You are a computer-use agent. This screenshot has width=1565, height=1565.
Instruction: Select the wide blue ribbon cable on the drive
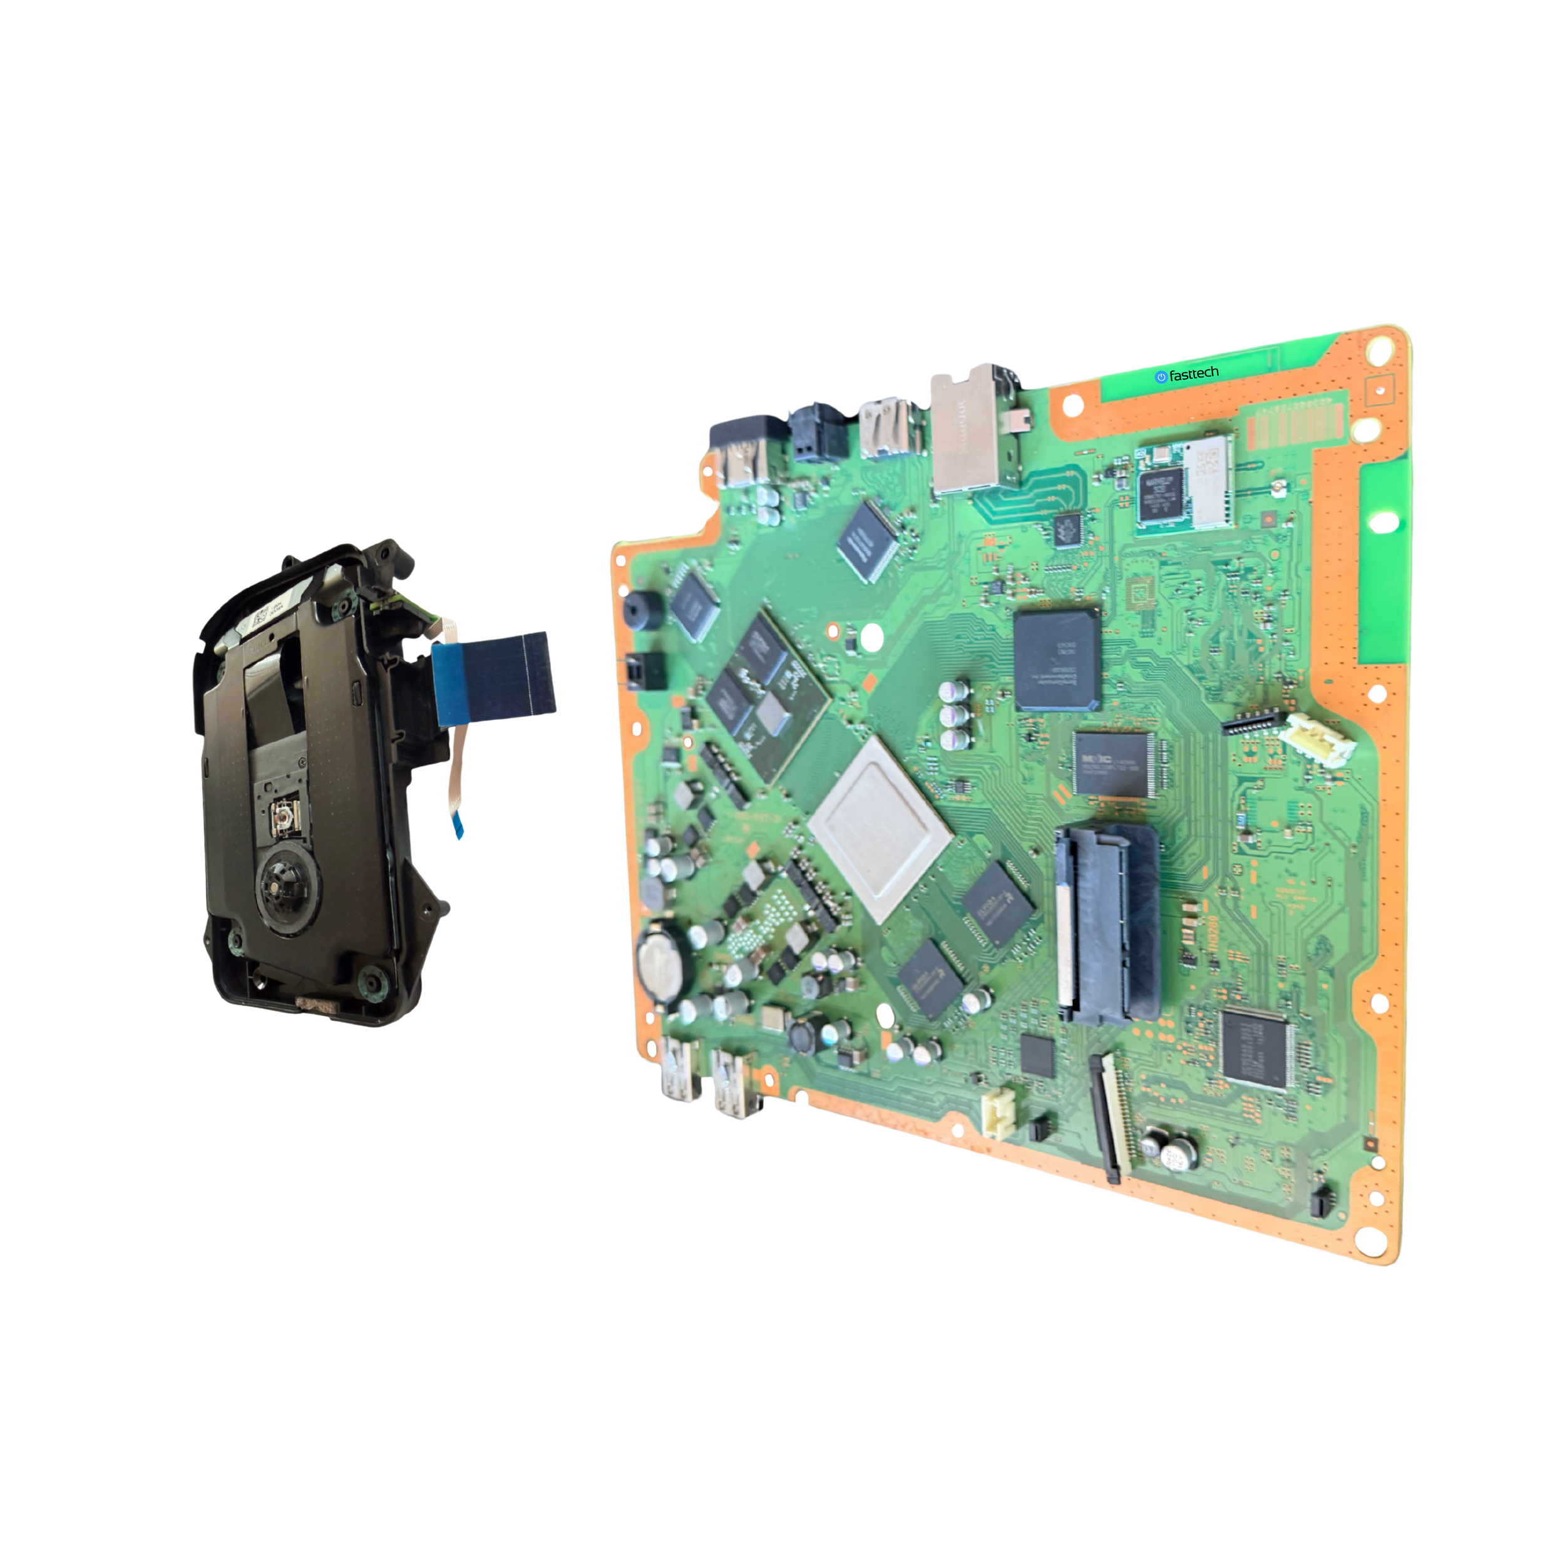point(494,675)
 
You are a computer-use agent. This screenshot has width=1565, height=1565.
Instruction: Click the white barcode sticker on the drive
point(260,617)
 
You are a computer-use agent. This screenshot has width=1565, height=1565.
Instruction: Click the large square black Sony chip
point(1055,660)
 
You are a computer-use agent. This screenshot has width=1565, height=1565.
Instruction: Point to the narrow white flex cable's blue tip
point(458,827)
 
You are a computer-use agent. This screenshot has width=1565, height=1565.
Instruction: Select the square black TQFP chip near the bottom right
point(1254,1050)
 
